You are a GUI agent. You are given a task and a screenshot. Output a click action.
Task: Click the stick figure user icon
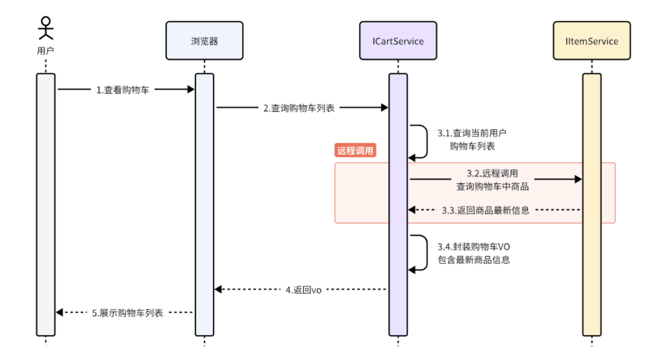[x=47, y=28]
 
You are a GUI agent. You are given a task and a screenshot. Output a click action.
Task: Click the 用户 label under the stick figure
[x=46, y=51]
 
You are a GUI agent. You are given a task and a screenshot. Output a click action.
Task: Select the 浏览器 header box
[x=204, y=41]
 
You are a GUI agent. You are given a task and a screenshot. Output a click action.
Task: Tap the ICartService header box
[x=398, y=41]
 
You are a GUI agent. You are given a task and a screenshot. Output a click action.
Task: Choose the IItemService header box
[x=592, y=41]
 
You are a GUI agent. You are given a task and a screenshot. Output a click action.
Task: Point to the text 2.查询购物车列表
[x=299, y=108]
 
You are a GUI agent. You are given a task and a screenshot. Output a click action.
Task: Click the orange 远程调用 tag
[x=355, y=151]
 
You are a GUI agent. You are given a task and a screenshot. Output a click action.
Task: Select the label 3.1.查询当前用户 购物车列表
[x=472, y=140]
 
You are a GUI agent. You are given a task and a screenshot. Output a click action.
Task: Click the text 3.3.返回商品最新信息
[x=485, y=210]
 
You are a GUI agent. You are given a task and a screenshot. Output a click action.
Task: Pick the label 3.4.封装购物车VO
[x=473, y=247]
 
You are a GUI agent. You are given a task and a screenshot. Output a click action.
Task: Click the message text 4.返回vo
[x=303, y=290]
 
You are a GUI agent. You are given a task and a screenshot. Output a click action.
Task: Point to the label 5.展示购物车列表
[x=127, y=313]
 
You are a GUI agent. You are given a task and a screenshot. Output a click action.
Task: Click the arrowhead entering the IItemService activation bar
[x=578, y=179]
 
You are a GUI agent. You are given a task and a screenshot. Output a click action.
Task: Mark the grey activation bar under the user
[x=46, y=208]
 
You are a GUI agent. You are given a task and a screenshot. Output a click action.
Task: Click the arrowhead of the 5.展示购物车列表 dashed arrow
[x=59, y=312]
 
